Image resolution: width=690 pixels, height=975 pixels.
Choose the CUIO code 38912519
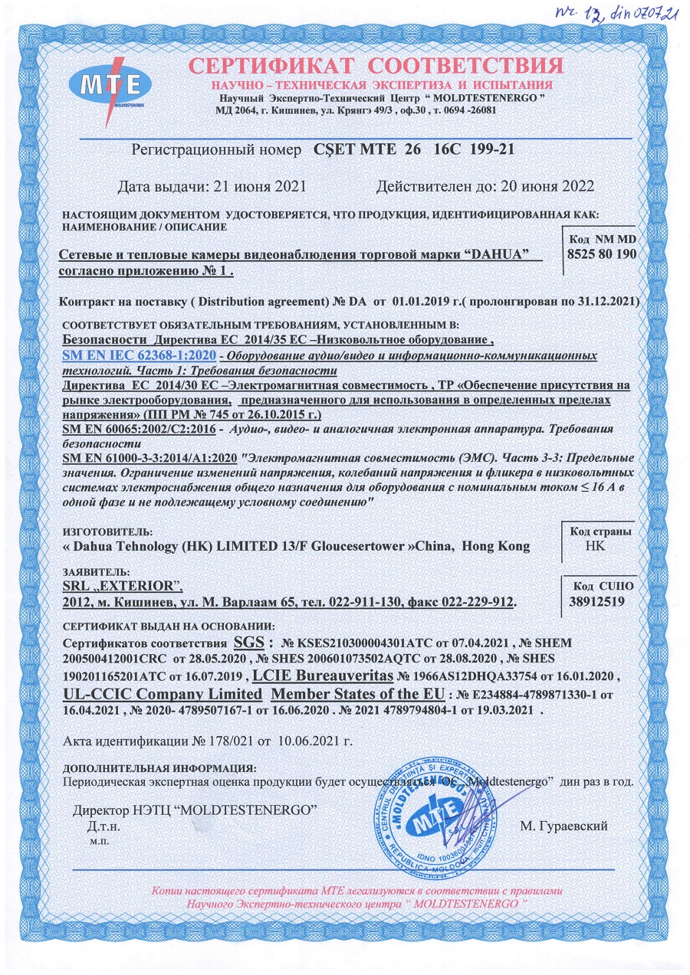click(x=596, y=602)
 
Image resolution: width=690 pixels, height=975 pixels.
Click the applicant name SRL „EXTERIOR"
click(x=121, y=586)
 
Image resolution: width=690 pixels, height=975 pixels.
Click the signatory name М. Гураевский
click(x=563, y=826)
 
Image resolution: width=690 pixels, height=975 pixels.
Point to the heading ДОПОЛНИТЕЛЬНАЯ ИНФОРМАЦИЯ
click(x=159, y=767)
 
